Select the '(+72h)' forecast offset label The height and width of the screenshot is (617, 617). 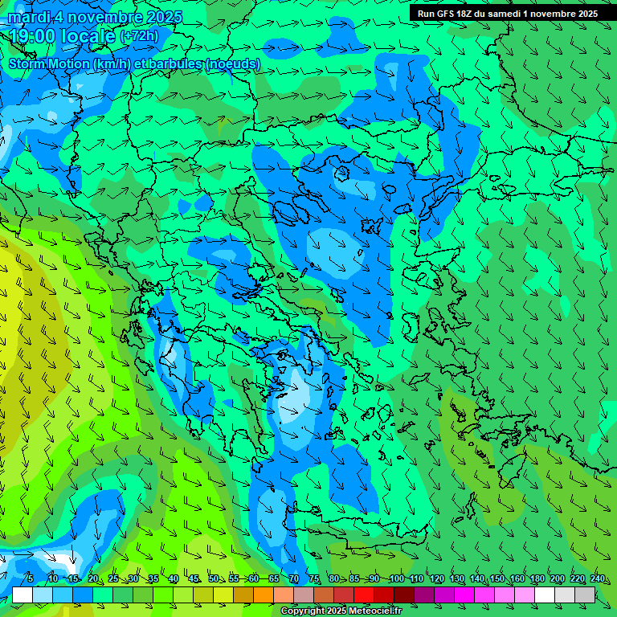pos(139,36)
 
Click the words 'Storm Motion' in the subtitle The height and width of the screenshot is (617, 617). pos(49,64)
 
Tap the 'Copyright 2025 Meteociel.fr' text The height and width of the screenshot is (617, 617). pos(342,611)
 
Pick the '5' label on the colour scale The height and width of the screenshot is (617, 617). pos(30,579)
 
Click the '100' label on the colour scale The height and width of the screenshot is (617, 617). pos(396,579)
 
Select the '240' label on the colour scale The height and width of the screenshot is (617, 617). pos(597,579)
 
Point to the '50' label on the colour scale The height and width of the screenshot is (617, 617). pos(214,579)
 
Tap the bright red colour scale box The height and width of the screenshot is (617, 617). pos(364,595)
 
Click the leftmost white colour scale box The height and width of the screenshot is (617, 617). pos(22,595)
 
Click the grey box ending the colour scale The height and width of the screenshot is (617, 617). pos(585,595)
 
